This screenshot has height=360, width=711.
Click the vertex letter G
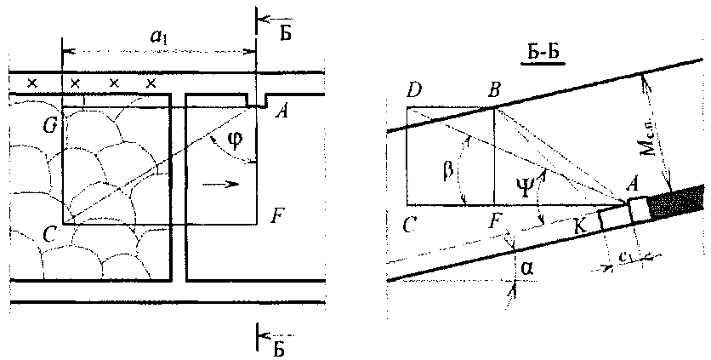tap(50, 126)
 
